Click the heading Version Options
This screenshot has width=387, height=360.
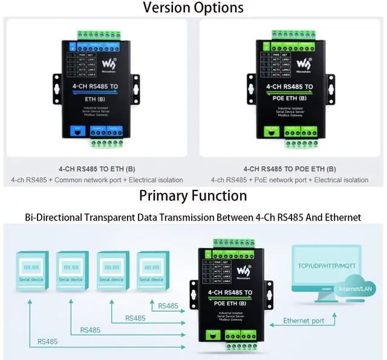[x=193, y=8]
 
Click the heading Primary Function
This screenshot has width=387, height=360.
[x=193, y=195]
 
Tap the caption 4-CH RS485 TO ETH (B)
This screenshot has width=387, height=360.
[x=97, y=169]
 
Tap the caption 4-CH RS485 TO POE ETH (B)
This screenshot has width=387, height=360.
[x=290, y=169]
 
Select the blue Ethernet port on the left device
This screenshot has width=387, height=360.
[x=77, y=129]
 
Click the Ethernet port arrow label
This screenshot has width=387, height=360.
[x=304, y=321]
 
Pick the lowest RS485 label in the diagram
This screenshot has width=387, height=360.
[x=48, y=341]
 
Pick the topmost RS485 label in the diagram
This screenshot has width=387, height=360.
[x=168, y=306]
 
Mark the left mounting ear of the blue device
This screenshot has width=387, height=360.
[x=57, y=88]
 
